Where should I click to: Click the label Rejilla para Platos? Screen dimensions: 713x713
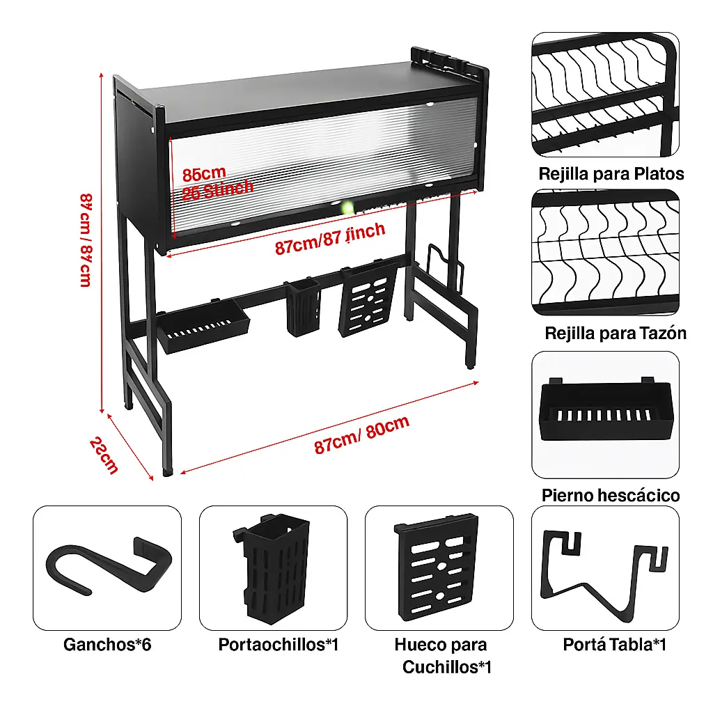(x=611, y=173)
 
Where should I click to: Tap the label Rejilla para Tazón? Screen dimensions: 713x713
(x=616, y=333)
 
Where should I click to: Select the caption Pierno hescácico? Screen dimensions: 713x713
(x=611, y=495)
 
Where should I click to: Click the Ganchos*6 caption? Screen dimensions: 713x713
(x=107, y=644)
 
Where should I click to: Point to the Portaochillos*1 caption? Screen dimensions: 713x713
(x=278, y=644)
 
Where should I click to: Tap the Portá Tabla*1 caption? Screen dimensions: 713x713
(x=615, y=644)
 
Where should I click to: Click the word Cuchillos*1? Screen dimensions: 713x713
(x=447, y=667)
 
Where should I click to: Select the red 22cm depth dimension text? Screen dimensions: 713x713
(x=104, y=455)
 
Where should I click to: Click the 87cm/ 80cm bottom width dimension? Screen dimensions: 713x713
(x=361, y=435)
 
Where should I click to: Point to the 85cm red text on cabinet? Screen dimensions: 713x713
(x=204, y=173)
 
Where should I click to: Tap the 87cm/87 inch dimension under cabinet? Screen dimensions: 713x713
(x=329, y=239)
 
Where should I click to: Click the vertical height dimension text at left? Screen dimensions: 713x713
(x=85, y=240)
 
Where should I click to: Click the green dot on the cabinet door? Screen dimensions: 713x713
(x=346, y=207)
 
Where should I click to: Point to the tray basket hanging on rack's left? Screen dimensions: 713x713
(x=203, y=327)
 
